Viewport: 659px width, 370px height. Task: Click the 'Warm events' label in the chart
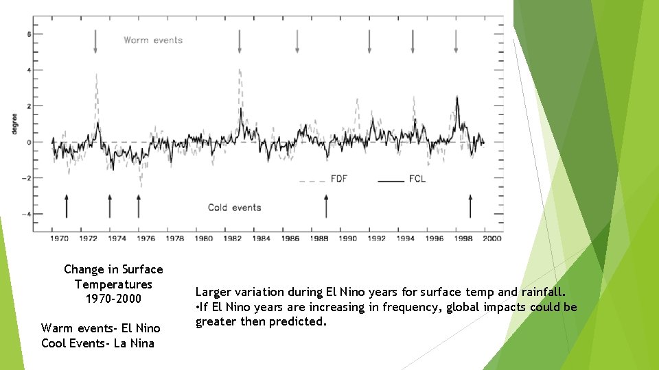coord(153,40)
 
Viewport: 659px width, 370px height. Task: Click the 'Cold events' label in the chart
coord(234,208)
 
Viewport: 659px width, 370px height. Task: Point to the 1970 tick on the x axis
coord(59,238)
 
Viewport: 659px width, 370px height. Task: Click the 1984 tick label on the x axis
coord(261,238)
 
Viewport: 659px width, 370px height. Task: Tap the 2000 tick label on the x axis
coord(492,238)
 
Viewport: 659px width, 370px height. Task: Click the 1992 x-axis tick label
coord(376,238)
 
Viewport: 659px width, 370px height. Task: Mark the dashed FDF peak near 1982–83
coord(240,70)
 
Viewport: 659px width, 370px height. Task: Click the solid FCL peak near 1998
coord(456,98)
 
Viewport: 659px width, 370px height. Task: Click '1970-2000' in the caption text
coord(113,299)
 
